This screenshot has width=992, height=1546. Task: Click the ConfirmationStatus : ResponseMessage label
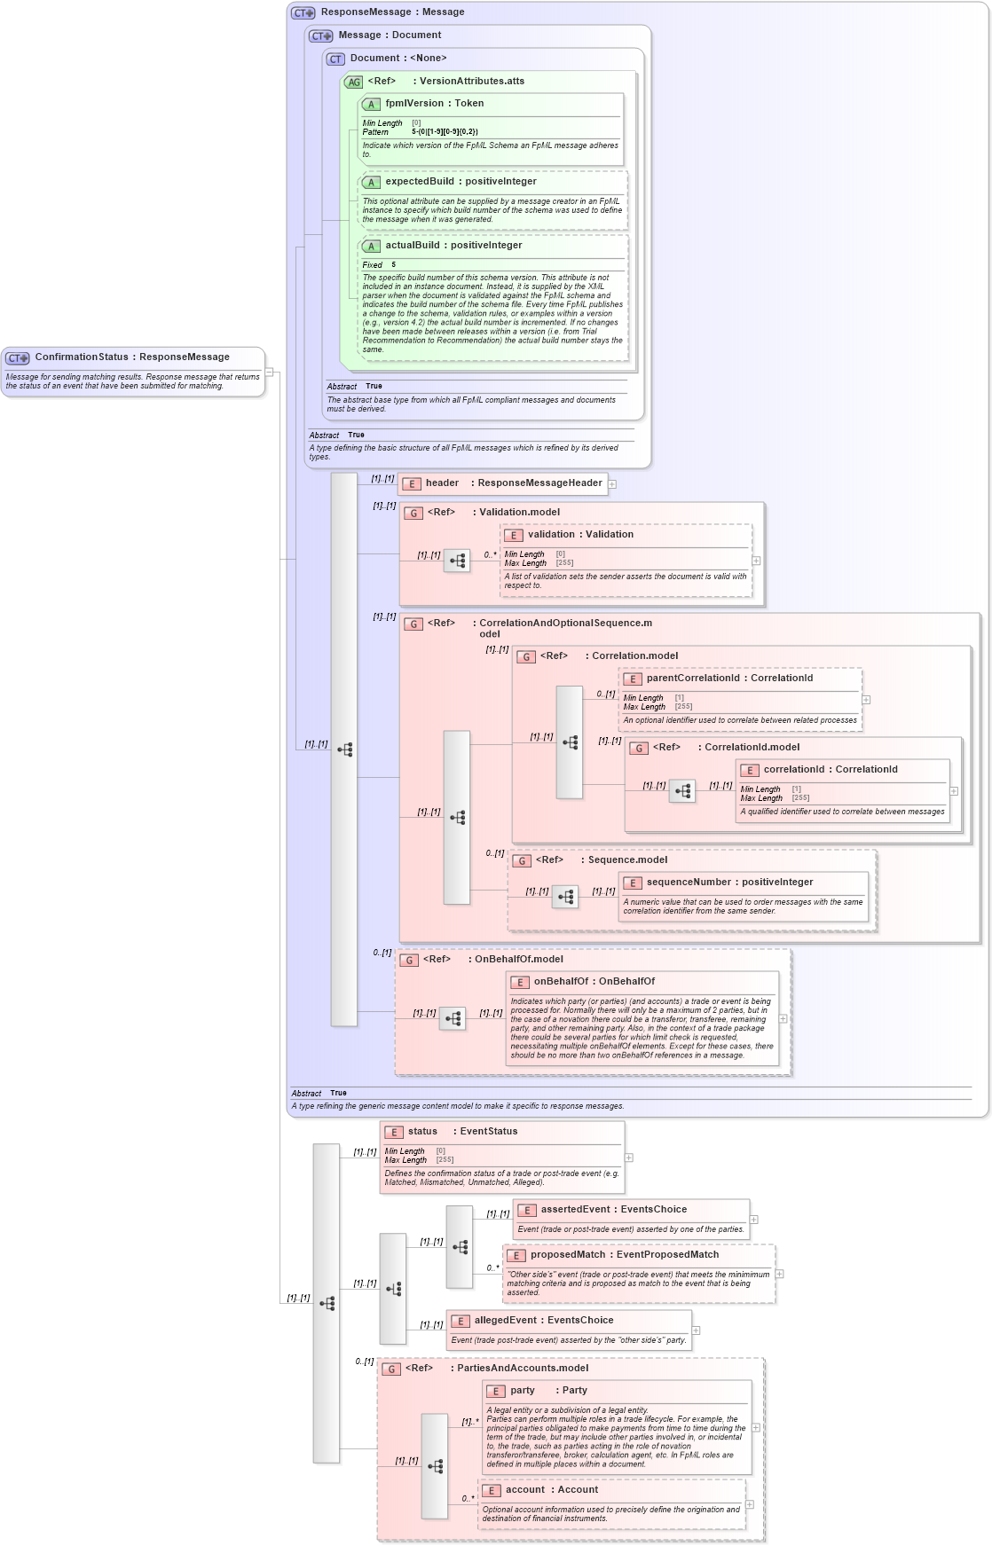(131, 357)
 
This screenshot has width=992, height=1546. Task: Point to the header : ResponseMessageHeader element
(513, 483)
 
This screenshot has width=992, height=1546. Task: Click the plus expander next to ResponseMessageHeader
(612, 483)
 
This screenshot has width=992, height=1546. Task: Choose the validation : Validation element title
(580, 534)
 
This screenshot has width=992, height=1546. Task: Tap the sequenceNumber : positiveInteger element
(729, 882)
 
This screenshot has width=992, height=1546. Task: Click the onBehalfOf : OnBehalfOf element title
(594, 981)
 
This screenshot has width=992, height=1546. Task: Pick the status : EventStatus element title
(462, 1131)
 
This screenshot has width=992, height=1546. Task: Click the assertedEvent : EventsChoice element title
(613, 1209)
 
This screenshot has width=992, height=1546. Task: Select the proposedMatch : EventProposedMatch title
(624, 1254)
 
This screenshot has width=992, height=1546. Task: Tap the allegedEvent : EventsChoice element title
(543, 1320)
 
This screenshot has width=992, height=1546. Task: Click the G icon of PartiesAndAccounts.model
(391, 1369)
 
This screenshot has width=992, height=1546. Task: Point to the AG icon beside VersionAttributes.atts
(354, 82)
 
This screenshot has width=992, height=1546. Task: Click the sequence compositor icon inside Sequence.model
(565, 897)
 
